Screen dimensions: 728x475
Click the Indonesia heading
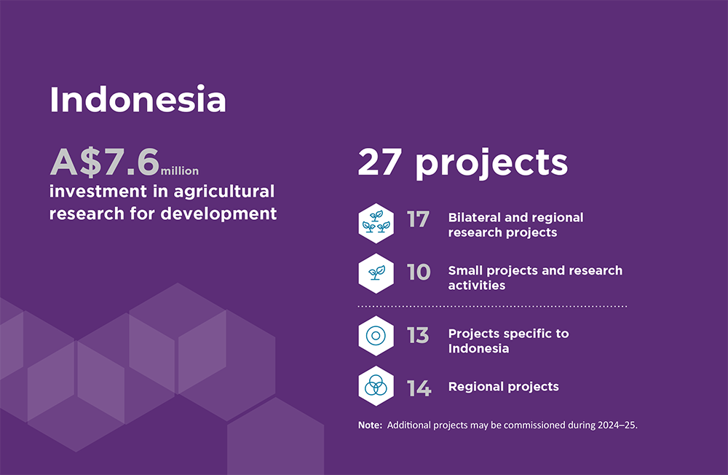(138, 100)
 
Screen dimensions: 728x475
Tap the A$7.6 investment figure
(104, 162)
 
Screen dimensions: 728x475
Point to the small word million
(180, 171)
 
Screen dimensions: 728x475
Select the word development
(218, 213)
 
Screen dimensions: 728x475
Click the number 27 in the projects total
(379, 162)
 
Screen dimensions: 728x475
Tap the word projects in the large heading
(491, 164)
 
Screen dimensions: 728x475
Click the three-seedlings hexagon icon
(376, 223)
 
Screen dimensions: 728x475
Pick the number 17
(419, 219)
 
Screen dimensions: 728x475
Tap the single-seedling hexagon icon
(376, 273)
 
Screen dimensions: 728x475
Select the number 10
(419, 272)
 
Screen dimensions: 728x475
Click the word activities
(476, 285)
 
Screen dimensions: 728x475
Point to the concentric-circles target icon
(376, 336)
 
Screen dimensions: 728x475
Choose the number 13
(418, 335)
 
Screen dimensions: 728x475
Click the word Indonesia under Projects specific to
(478, 348)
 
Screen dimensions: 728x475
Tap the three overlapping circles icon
(376, 386)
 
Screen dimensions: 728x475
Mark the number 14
(419, 388)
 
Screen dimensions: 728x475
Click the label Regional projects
(503, 387)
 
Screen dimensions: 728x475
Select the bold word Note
(370, 425)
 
